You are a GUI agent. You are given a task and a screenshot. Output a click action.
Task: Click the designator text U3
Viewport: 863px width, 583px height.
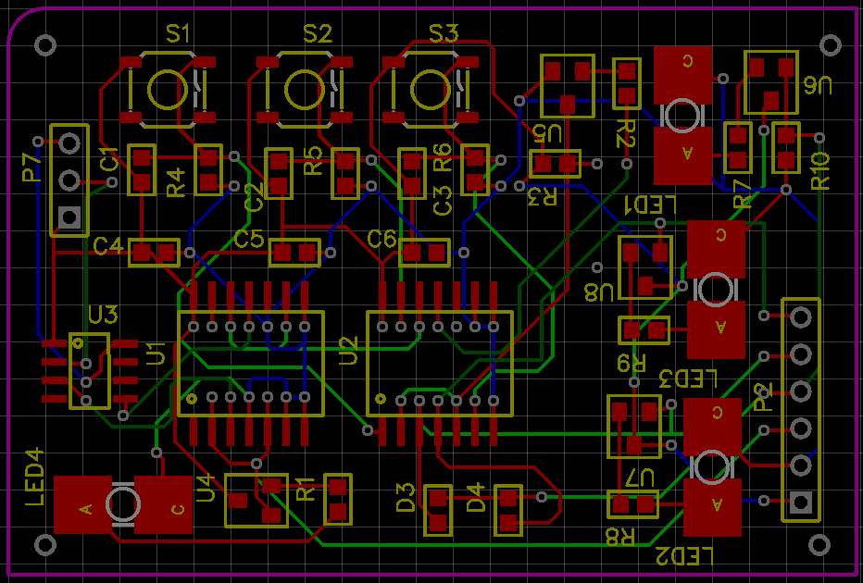[103, 315]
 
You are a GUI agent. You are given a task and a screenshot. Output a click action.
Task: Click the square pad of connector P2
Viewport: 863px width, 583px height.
[801, 503]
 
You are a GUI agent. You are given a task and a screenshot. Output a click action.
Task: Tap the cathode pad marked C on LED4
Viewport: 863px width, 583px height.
[163, 505]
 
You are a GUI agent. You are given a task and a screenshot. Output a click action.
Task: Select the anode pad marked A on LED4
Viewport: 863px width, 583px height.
[84, 505]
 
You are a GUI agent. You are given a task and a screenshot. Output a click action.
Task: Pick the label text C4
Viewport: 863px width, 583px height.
[108, 246]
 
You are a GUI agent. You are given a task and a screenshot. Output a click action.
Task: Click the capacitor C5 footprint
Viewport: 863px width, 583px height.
[294, 252]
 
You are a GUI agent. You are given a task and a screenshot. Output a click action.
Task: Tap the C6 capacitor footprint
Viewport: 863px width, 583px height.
[424, 252]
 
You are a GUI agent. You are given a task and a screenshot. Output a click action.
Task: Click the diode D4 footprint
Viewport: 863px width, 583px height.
[508, 510]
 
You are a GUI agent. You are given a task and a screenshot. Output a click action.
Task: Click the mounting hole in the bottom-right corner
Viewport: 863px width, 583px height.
[819, 543]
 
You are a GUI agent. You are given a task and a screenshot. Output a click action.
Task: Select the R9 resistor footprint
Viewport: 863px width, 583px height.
[644, 329]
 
